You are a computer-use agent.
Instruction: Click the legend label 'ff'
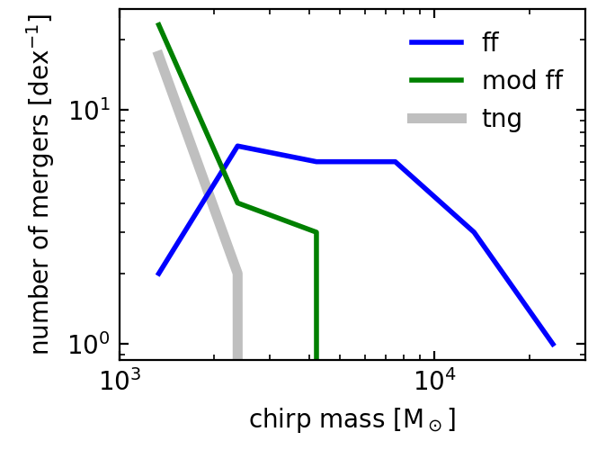[x=490, y=42]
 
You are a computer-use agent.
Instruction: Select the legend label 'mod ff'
[x=522, y=80]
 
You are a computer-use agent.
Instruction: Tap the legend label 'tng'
[x=502, y=118]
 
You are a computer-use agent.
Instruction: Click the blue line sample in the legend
[x=437, y=42]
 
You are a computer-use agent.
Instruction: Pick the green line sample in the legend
[x=437, y=80]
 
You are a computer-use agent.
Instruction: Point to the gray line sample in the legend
[x=437, y=118]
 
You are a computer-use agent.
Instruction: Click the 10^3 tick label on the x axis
[x=119, y=382]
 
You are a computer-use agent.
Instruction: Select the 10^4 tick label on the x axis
[x=434, y=382]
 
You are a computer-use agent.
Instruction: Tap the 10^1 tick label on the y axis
[x=87, y=111]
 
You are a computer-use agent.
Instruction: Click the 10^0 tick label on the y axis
[x=87, y=345]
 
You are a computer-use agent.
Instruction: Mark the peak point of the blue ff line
[x=237, y=146]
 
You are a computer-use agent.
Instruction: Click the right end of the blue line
[x=554, y=345]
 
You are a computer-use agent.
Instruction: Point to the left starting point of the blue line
[x=158, y=274]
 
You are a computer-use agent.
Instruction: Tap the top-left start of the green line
[x=158, y=24]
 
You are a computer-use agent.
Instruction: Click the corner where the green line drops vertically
[x=316, y=232]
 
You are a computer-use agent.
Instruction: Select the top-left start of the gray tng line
[x=158, y=52]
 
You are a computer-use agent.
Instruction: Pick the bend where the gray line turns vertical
[x=237, y=274]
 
